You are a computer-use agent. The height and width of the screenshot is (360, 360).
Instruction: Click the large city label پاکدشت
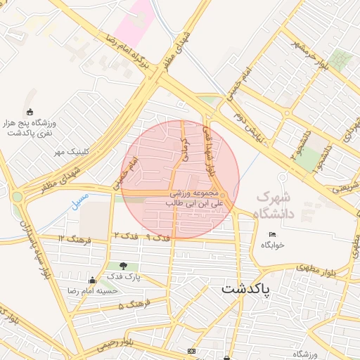pos(252,288)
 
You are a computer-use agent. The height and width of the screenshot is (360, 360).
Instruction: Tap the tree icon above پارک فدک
pos(124,266)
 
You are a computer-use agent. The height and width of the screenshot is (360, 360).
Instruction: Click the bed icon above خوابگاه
pos(272,234)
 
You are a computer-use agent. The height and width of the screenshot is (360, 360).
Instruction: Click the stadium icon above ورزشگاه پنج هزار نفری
pos(29,112)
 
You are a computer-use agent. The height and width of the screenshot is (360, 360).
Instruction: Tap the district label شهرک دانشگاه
pos(282,205)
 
